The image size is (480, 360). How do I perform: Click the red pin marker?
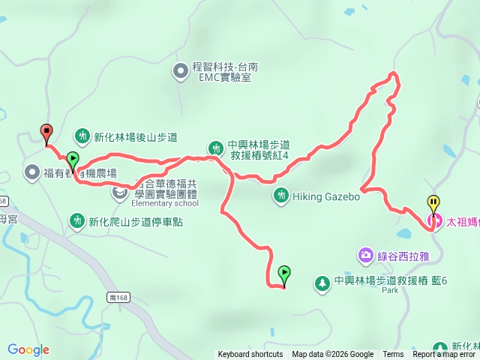(46, 132)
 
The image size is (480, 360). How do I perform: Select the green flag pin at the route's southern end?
(284, 274)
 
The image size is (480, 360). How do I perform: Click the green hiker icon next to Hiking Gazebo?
(281, 196)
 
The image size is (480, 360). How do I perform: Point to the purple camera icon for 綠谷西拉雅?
(365, 256)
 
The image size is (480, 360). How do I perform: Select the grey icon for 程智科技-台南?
(181, 72)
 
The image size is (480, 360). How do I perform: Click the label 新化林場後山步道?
(135, 137)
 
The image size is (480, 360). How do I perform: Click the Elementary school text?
(164, 203)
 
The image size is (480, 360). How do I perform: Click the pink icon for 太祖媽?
(433, 221)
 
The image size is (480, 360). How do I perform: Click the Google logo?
(28, 349)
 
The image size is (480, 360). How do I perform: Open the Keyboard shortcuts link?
(250, 355)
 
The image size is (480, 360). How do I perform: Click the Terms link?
(393, 355)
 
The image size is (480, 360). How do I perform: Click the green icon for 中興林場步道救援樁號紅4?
(215, 147)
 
